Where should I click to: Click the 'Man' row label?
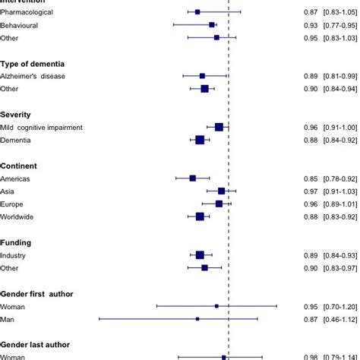pos(9,319)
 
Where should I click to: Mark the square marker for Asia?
pos(221,191)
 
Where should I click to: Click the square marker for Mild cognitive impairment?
pos(219,128)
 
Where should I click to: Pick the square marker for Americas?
pos(193,178)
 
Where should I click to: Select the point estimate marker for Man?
pos(197,319)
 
